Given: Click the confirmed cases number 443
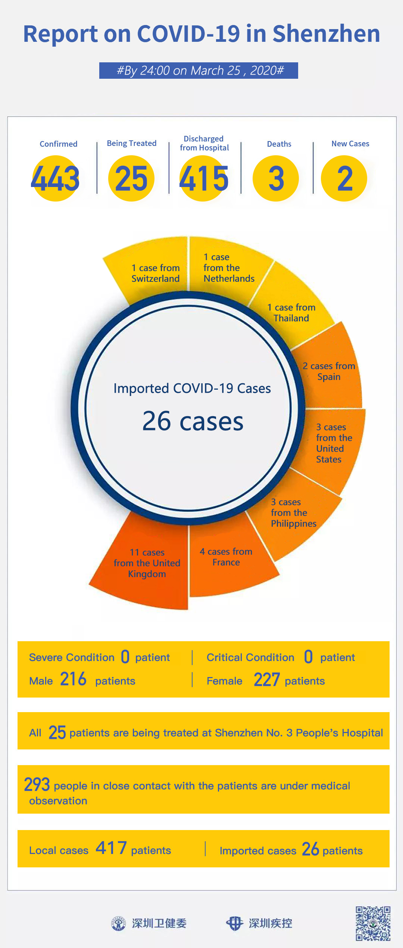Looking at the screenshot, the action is tap(55, 178).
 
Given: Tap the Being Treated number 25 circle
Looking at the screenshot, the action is tap(131, 178).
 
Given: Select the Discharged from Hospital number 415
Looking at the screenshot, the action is tap(204, 178).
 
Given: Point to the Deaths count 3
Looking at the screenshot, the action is tap(276, 179).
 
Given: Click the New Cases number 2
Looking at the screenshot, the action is tap(345, 179).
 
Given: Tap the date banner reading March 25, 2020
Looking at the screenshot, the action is tap(199, 71).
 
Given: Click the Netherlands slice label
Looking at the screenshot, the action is tap(229, 268).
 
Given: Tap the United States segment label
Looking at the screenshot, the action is tap(334, 443).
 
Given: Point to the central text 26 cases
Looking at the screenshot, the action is tap(193, 421).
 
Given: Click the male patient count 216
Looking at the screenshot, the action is tap(73, 679).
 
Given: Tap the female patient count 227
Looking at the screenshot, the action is tap(266, 680).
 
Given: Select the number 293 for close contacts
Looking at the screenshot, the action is tap(37, 785).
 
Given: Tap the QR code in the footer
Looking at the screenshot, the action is tap(373, 923).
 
